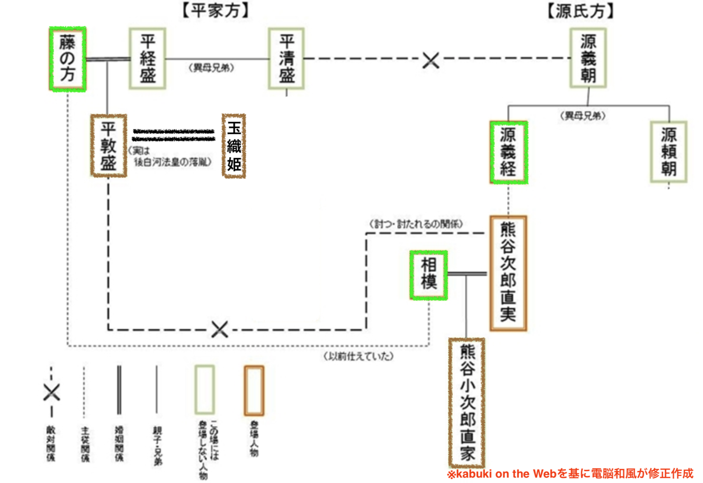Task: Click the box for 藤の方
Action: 68,59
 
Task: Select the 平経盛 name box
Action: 148,59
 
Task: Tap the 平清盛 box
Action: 286,59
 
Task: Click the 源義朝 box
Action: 588,58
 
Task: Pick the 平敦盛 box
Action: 109,146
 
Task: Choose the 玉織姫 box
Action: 234,146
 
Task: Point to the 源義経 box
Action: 509,152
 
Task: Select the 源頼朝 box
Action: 669,152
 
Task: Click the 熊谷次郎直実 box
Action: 508,273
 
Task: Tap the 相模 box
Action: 429,275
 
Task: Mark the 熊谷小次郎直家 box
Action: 467,402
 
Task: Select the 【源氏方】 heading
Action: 580,11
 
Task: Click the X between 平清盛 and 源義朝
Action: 431,60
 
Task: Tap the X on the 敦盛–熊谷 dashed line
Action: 220,330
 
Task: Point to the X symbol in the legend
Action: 52,392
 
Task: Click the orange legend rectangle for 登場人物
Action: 254,390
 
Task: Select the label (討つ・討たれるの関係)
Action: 416,224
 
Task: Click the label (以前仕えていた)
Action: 358,356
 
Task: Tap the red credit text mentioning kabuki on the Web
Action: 570,474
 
